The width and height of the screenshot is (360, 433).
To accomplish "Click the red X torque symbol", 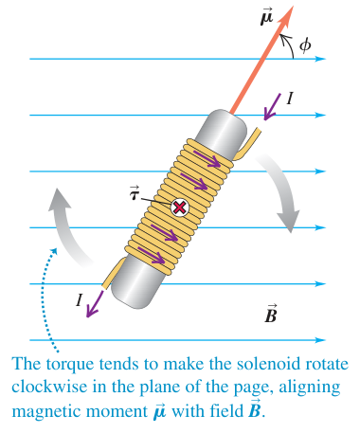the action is coord(180,207).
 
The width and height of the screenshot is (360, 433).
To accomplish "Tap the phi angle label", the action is coord(305,45).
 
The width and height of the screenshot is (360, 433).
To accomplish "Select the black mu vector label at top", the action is coord(266,17).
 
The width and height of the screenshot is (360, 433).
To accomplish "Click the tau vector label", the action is coord(135,193).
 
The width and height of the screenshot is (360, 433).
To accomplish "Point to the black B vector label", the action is coord(271,314).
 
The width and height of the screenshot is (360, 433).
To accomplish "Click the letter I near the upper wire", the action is coord(290,99).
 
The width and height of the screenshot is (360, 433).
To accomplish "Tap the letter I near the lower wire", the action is coord(80,299).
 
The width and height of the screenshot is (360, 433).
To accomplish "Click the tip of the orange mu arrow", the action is coord(294,6).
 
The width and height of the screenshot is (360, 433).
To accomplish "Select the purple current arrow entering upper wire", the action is coord(272,107).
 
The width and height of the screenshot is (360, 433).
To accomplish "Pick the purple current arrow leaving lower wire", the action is coord(95,304).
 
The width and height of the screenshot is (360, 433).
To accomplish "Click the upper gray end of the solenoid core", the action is coord(222,130).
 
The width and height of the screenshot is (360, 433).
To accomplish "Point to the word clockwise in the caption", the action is coord(49,387).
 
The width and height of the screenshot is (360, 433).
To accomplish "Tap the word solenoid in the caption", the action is coord(278,364).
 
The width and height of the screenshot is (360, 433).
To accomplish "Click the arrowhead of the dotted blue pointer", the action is coord(54,250).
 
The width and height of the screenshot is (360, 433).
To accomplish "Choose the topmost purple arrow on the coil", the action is coord(207,158).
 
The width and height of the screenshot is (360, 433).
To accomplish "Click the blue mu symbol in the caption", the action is coord(160,411).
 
